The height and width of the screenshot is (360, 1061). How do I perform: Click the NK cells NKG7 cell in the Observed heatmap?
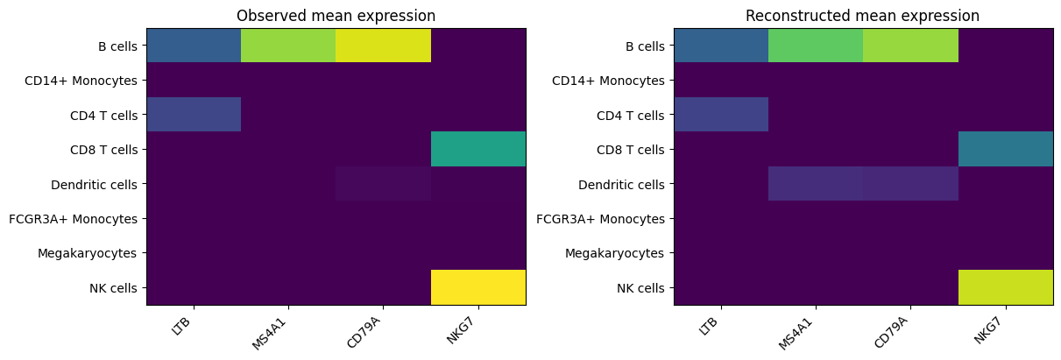(x=478, y=287)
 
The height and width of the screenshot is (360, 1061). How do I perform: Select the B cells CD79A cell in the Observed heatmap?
(x=383, y=46)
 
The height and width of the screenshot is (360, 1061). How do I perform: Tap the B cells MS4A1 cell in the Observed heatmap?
(x=288, y=46)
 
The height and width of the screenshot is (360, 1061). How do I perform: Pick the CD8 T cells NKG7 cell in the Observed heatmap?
(x=478, y=149)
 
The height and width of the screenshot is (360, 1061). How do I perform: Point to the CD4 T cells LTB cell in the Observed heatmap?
(x=194, y=115)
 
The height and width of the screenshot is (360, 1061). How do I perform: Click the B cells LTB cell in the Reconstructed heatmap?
(x=721, y=46)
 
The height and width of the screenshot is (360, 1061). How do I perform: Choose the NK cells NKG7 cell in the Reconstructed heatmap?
(x=1006, y=287)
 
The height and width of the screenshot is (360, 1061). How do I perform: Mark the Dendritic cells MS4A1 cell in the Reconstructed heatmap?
(x=816, y=184)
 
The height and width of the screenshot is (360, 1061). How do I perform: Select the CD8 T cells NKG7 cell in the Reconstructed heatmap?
(x=1006, y=149)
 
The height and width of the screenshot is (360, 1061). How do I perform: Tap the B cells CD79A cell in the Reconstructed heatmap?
(x=910, y=46)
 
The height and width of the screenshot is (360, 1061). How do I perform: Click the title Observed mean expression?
(x=336, y=16)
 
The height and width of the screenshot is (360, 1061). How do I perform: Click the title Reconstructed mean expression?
(x=863, y=16)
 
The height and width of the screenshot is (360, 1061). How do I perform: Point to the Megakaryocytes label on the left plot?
(x=88, y=253)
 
